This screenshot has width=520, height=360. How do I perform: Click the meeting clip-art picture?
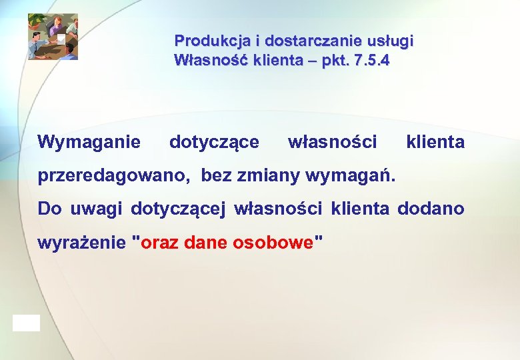coord(53,37)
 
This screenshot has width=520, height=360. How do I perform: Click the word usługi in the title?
coord(391,41)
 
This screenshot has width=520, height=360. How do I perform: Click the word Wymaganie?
coord(89,142)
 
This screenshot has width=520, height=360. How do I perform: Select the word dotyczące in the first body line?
coord(215,142)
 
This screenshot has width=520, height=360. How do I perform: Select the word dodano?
coord(431,209)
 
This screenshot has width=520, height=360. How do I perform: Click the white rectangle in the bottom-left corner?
coord(26,323)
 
